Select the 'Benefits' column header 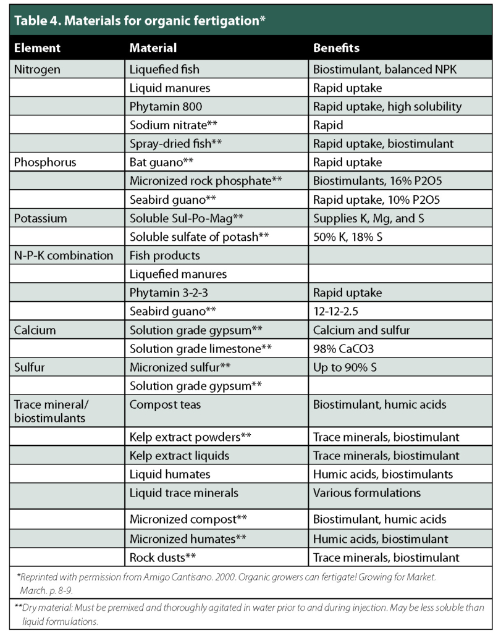coord(336,48)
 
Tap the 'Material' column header coord(153,48)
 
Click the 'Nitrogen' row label coord(37,69)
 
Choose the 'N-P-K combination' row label coord(63,256)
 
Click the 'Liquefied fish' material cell coord(164,69)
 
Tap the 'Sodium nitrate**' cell coord(173,125)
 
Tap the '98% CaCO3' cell coord(343,349)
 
